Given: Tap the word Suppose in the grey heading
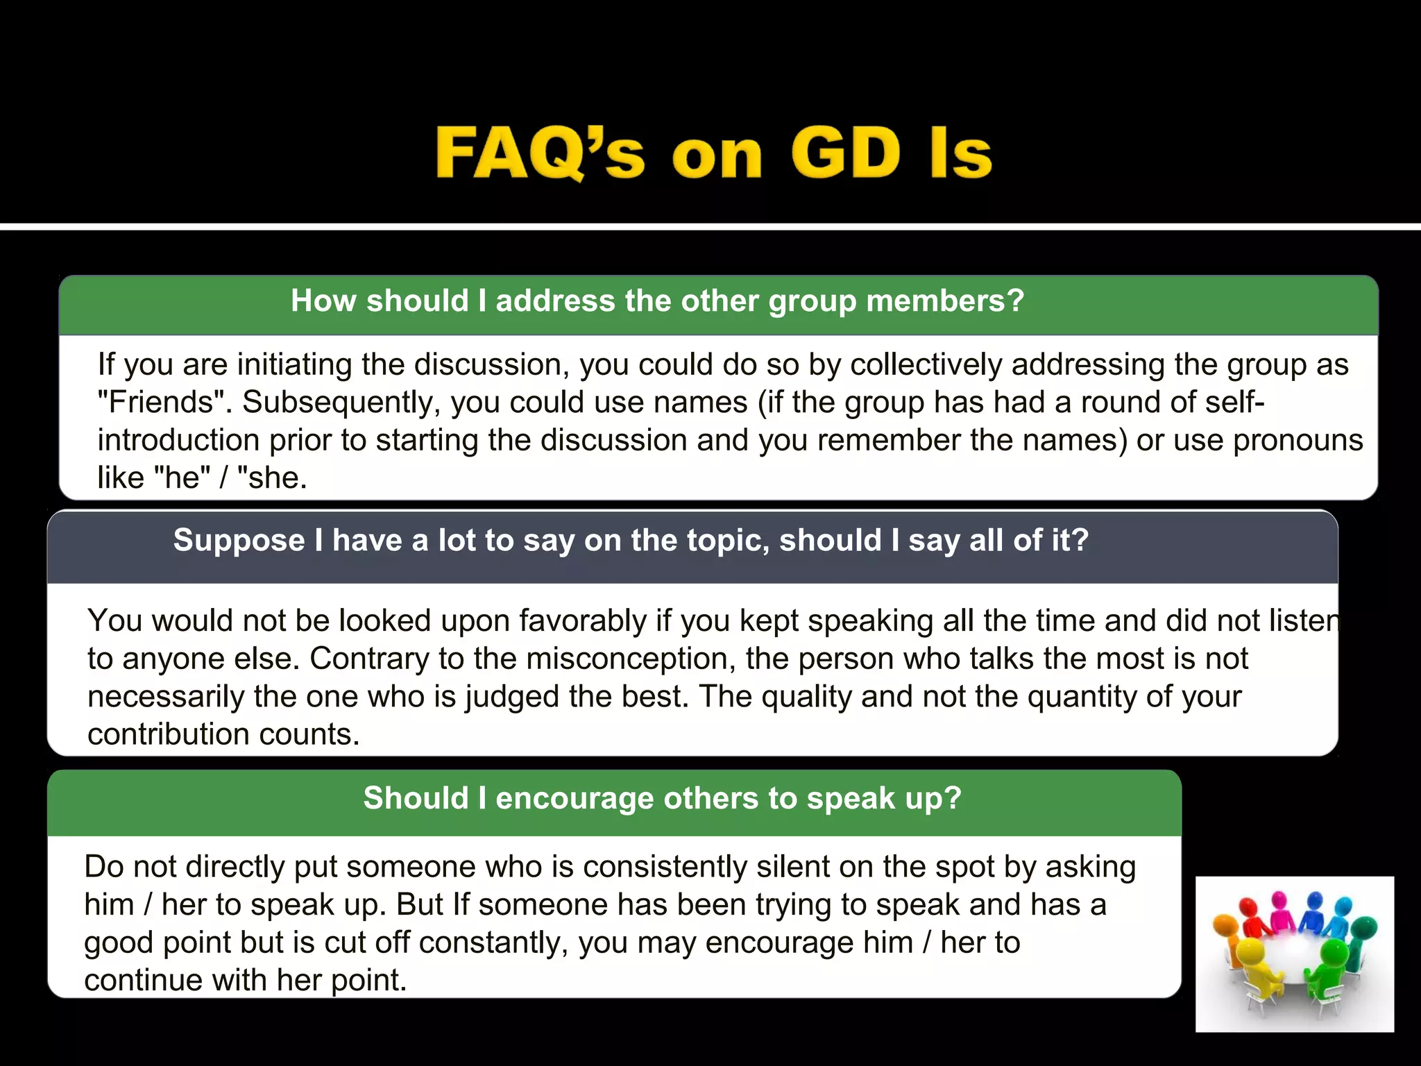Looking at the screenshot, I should coord(239,541).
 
